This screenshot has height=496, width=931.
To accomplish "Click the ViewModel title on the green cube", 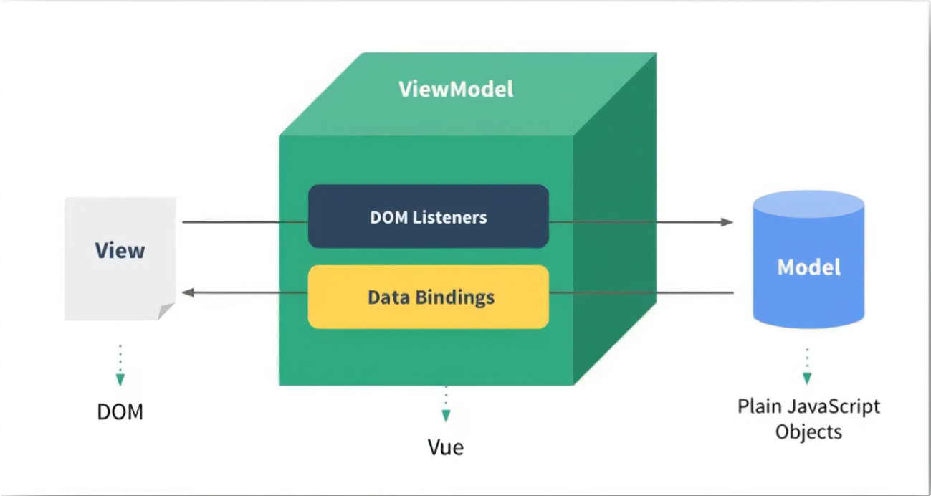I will click(x=456, y=90).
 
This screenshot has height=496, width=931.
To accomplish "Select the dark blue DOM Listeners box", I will click(x=428, y=216).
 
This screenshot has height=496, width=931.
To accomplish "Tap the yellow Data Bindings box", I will click(x=428, y=297).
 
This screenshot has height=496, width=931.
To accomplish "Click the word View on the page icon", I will click(x=120, y=250).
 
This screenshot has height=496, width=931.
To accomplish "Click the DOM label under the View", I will click(x=120, y=412).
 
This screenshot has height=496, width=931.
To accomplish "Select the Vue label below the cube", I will click(x=446, y=447).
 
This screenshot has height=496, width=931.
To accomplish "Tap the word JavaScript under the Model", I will click(x=834, y=407).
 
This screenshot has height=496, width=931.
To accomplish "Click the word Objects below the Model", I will click(x=808, y=431).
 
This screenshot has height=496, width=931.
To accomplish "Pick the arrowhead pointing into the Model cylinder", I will click(x=727, y=222).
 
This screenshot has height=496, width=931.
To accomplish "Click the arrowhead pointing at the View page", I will click(x=188, y=292).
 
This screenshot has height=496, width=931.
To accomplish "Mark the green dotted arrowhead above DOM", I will click(x=120, y=379).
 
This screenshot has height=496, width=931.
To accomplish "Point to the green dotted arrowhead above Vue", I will click(x=446, y=415).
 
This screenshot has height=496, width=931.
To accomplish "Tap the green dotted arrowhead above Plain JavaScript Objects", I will click(x=807, y=378).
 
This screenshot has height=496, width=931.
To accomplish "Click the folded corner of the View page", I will click(x=166, y=311).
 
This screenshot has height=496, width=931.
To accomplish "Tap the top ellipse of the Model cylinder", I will click(x=808, y=203).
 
